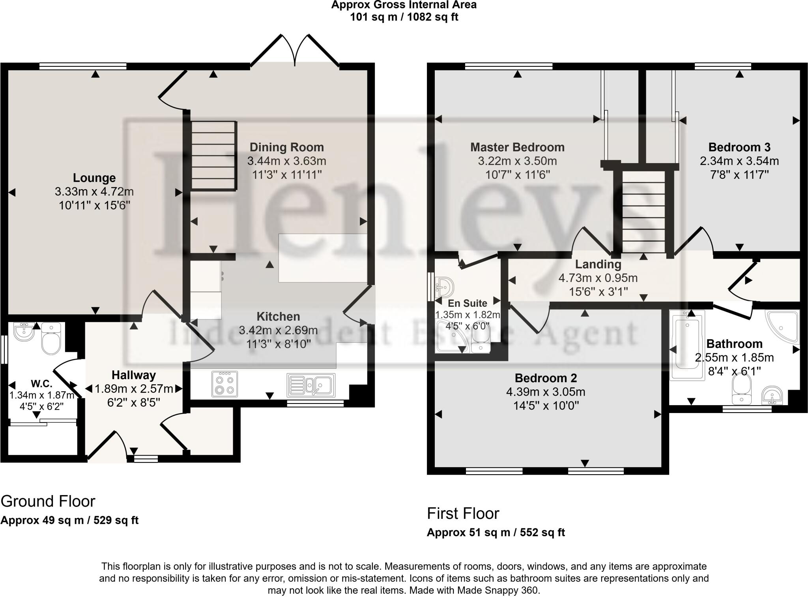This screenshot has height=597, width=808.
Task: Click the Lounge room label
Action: (94, 178)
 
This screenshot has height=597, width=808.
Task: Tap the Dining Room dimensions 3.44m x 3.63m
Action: (286, 161)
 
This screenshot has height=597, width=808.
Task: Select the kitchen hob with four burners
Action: (224, 383)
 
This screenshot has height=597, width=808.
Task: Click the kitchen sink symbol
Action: (311, 384)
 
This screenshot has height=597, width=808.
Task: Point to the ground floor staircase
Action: (213, 156)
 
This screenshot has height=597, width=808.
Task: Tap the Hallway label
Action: (133, 375)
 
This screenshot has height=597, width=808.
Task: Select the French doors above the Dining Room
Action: (295, 51)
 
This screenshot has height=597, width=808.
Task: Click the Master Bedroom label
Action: (517, 147)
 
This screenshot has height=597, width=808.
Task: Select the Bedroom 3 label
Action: (739, 147)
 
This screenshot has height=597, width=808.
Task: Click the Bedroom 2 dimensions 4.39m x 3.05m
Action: (546, 392)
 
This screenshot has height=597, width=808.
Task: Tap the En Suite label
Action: (467, 303)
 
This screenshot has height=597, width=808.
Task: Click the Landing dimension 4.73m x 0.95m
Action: (598, 278)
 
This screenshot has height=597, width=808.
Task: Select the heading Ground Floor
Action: (48, 501)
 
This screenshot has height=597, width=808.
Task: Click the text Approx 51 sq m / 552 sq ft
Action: (496, 533)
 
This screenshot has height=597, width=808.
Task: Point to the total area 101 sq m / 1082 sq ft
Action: (404, 17)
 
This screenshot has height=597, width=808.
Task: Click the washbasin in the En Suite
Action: (443, 287)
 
